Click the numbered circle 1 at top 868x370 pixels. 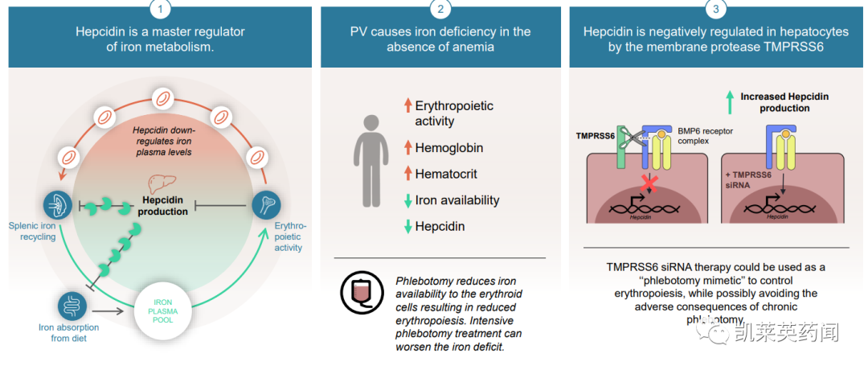160,9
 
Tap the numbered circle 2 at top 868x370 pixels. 440,9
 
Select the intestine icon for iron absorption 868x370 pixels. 73,306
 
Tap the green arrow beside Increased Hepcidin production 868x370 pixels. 728,102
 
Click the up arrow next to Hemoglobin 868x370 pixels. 407,148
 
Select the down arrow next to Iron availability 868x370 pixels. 407,200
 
